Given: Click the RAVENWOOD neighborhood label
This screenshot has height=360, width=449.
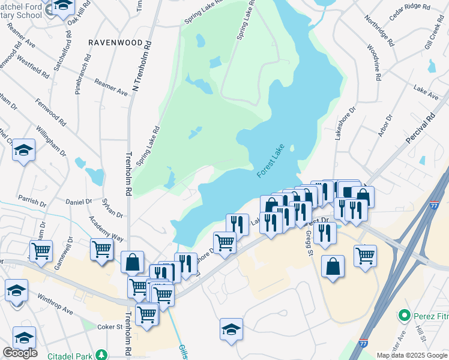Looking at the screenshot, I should click(115, 43).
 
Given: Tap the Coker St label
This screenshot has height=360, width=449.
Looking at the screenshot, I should click(110, 327).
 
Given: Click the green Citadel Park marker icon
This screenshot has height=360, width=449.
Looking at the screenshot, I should click(103, 355).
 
